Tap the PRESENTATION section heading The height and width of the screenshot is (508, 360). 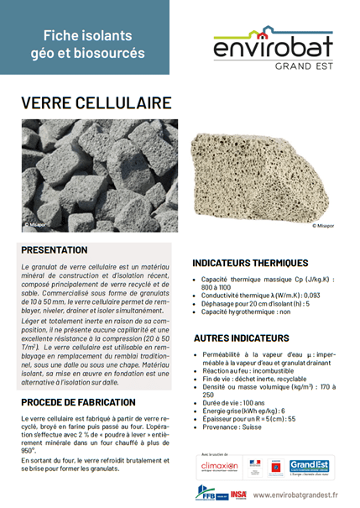point(55,250)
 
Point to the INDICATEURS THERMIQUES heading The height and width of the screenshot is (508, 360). point(249,263)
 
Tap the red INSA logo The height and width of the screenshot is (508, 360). point(239,495)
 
